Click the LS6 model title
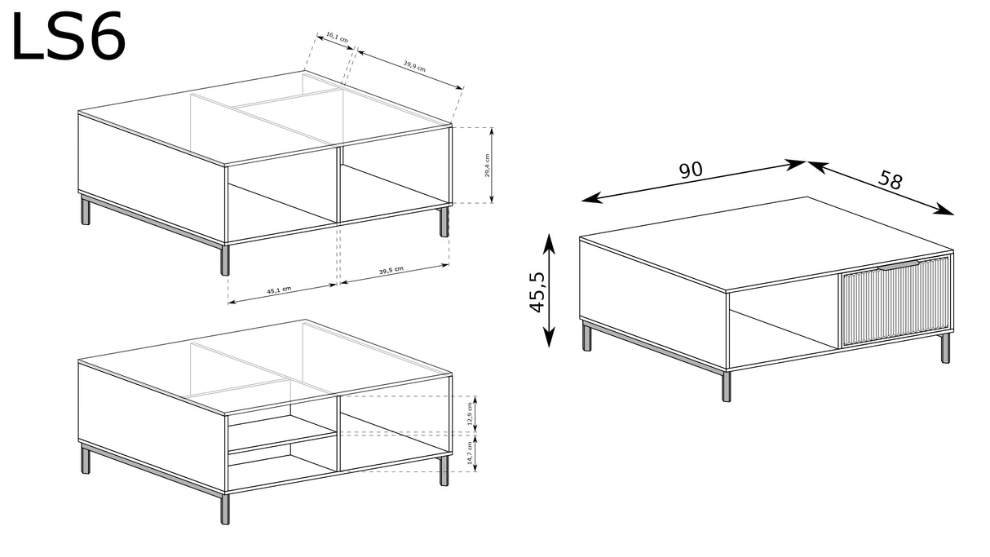pos(69,37)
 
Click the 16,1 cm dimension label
pos(337,38)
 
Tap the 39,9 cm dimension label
pos(414,68)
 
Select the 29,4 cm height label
pos(487,166)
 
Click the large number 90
pos(691,170)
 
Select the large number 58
pos(891,179)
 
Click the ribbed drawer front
pos(895,303)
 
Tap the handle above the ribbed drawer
pos(898,265)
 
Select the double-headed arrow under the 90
pos(694,181)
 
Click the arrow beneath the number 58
pos(881,188)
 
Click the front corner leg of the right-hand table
pos(727,385)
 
